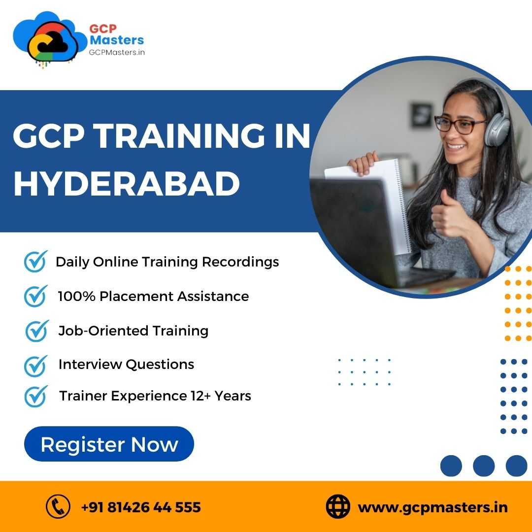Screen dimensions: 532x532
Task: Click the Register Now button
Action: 109,444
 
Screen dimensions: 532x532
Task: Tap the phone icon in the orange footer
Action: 58,506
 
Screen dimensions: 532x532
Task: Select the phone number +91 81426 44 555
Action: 141,507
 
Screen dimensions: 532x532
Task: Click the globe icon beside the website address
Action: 338,506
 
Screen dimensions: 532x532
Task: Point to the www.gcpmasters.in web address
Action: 433,508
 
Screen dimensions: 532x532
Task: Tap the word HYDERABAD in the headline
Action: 127,184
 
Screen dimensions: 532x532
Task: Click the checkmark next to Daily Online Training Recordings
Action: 35,261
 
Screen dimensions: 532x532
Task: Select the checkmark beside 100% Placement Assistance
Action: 35,296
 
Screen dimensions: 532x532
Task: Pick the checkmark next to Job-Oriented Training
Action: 36,331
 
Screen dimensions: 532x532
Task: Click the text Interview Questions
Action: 126,365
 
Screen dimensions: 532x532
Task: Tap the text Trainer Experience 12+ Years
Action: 155,396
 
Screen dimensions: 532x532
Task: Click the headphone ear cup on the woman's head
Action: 497,129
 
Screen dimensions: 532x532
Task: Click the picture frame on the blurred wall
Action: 421,115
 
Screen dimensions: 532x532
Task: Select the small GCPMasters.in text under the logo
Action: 117,52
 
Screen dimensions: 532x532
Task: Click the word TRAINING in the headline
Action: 180,136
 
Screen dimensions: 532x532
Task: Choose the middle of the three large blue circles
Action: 484,466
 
